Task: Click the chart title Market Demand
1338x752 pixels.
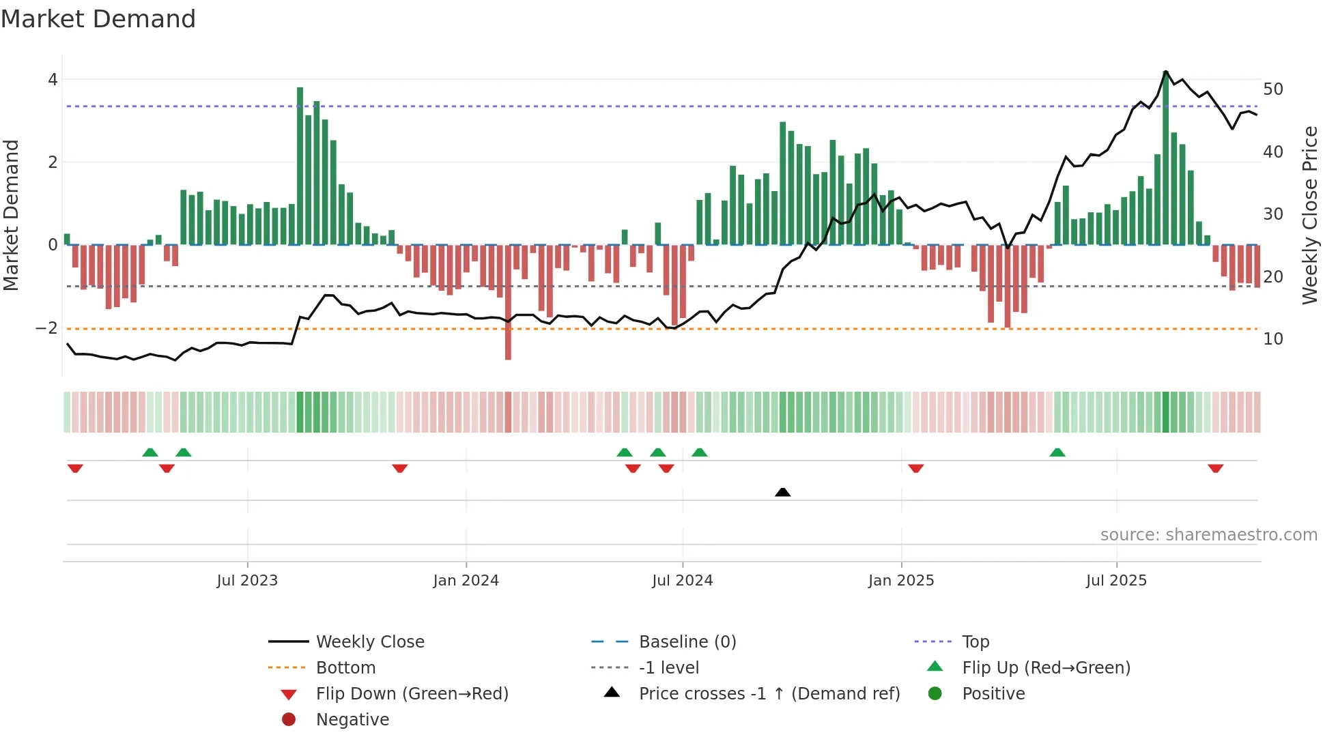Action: [x=98, y=19]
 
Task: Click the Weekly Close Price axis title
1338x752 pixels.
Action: [x=1309, y=215]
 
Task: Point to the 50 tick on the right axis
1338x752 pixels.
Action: [x=1272, y=89]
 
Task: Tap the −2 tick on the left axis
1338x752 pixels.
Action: [x=47, y=328]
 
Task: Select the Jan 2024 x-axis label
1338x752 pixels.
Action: [x=466, y=581]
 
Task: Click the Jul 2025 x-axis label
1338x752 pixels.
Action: [x=1116, y=581]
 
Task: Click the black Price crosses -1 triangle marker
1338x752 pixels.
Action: [x=783, y=492]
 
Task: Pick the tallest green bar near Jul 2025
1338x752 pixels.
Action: [x=1165, y=157]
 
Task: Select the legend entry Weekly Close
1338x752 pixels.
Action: [x=369, y=642]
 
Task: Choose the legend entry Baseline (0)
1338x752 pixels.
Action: [x=687, y=642]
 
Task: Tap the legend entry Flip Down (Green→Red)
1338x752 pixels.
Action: [x=412, y=694]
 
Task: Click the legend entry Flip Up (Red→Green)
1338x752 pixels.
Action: [x=1046, y=668]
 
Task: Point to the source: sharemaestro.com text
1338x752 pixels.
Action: [x=1208, y=535]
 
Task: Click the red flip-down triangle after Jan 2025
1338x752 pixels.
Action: [x=916, y=468]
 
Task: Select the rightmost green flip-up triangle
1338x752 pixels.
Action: [x=1057, y=452]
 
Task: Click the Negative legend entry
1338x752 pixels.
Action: [x=352, y=720]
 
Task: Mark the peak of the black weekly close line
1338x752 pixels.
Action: [x=1165, y=72]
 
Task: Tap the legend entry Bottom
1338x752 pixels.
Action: [x=345, y=668]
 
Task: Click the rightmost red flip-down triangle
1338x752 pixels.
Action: [x=1215, y=468]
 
